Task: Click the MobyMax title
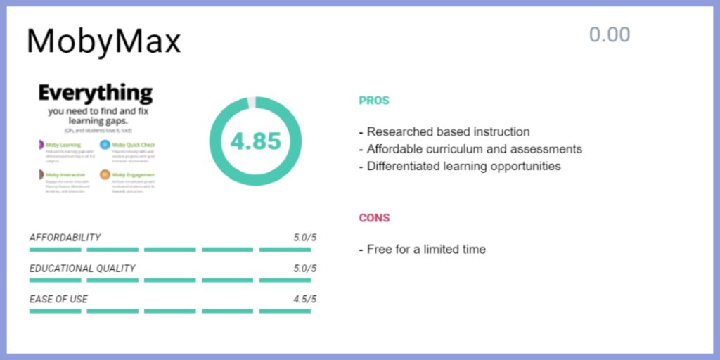click(x=103, y=41)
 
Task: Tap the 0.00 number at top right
click(x=609, y=34)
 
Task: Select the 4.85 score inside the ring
click(x=255, y=141)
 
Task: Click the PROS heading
click(x=373, y=101)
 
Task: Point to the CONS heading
click(x=374, y=218)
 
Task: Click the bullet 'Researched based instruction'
click(x=448, y=131)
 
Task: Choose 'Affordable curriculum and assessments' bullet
click(x=474, y=149)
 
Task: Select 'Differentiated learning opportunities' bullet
click(x=463, y=167)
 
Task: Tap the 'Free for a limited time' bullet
click(x=425, y=249)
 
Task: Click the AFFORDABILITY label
click(x=65, y=238)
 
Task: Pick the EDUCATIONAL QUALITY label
click(x=82, y=269)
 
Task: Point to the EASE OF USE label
click(x=58, y=299)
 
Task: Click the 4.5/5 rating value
click(x=304, y=299)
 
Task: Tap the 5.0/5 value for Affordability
click(x=304, y=238)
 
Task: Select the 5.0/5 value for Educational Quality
click(x=304, y=269)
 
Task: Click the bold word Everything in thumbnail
click(x=95, y=93)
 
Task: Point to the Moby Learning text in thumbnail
click(x=63, y=145)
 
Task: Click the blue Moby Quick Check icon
click(x=105, y=145)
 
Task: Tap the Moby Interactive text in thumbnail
click(x=66, y=174)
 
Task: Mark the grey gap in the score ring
click(x=252, y=103)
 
